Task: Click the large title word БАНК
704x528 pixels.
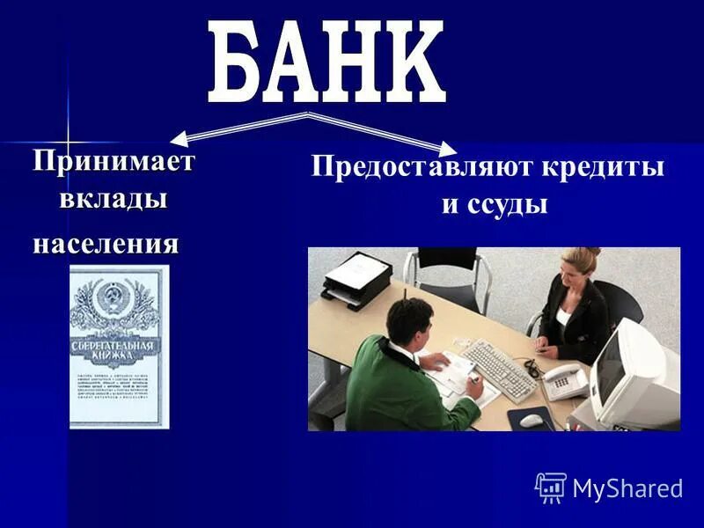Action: [x=326, y=64]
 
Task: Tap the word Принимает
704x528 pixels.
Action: [x=114, y=162]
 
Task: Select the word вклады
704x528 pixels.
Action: [x=114, y=199]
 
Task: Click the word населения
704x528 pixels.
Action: [x=106, y=243]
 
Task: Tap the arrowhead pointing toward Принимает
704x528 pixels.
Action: [x=180, y=138]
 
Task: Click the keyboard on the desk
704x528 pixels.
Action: [x=499, y=368]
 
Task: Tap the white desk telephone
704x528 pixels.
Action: [x=564, y=380]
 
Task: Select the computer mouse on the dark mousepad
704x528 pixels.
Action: [x=532, y=420]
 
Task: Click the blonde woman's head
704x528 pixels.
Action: [x=581, y=264]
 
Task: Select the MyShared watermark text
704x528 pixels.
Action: [x=627, y=488]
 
